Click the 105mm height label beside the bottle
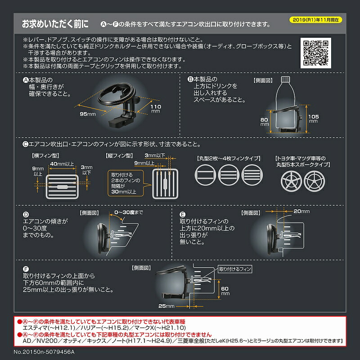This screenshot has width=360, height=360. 314,118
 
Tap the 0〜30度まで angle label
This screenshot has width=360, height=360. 130,211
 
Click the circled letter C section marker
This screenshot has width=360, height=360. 26,145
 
